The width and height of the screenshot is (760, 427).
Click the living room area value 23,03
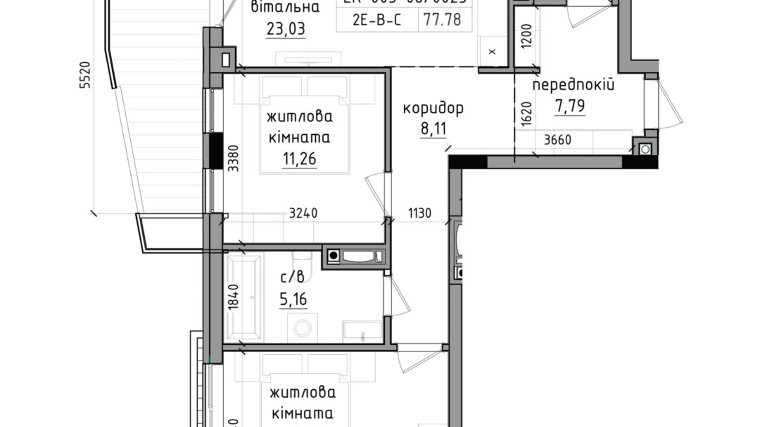click(x=286, y=29)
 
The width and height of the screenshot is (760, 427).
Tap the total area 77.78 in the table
click(x=442, y=20)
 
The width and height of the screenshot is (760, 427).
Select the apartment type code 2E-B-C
click(x=376, y=20)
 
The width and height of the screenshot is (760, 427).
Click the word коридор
click(x=433, y=108)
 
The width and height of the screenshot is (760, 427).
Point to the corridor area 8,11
click(x=433, y=129)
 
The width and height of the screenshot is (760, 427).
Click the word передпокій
click(x=573, y=85)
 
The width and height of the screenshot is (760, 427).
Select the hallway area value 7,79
click(x=570, y=106)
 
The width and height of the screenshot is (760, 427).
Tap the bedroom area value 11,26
click(x=299, y=158)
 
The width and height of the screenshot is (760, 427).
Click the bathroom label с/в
click(x=292, y=278)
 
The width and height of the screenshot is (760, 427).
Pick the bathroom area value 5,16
click(x=293, y=299)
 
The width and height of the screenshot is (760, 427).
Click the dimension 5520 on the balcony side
click(x=85, y=75)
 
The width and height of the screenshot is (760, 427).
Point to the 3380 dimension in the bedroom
click(x=233, y=158)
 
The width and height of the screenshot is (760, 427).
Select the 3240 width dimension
click(x=303, y=213)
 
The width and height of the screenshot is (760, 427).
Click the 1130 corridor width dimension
click(x=419, y=213)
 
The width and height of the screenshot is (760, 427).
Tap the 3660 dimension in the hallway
click(x=557, y=140)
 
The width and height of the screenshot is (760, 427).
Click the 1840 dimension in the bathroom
click(x=233, y=296)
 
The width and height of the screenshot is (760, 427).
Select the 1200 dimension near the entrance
click(x=526, y=36)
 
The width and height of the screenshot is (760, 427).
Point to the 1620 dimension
click(x=526, y=114)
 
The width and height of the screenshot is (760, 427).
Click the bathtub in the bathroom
click(x=244, y=298)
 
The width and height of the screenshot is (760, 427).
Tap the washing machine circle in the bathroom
click(x=303, y=328)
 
